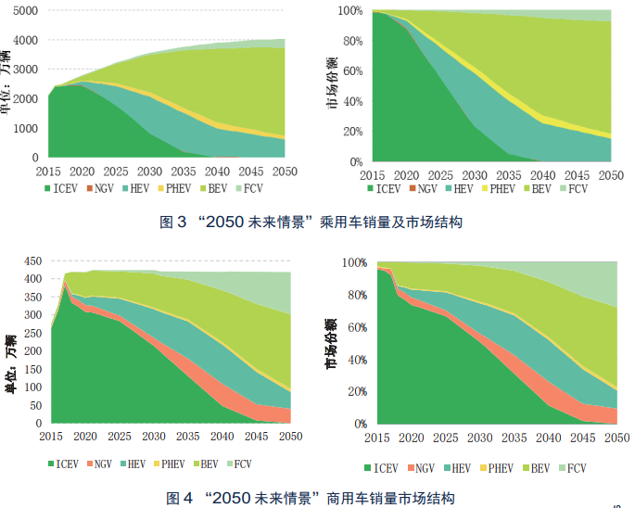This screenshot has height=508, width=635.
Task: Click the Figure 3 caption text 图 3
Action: pyautogui.click(x=175, y=222)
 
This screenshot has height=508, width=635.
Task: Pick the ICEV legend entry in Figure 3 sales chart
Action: pyautogui.click(x=63, y=189)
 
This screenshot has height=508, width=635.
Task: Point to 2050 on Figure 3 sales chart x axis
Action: pyautogui.click(x=285, y=172)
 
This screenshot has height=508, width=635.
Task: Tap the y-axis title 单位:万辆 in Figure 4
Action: pyautogui.click(x=10, y=368)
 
